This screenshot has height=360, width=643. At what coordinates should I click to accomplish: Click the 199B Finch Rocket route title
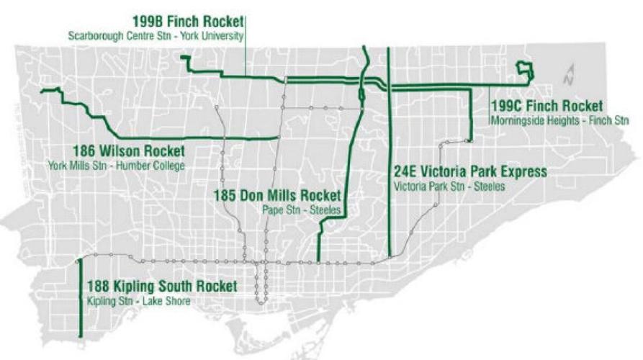[188, 22]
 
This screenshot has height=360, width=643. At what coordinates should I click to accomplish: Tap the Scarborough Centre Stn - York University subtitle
[156, 35]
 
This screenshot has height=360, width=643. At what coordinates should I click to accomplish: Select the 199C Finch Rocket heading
[547, 107]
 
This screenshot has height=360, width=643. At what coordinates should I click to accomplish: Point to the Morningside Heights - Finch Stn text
[559, 120]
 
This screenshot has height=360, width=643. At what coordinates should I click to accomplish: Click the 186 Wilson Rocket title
[128, 152]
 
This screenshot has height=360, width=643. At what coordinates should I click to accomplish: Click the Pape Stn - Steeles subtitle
[301, 210]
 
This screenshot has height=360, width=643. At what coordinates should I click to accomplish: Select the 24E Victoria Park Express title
[471, 172]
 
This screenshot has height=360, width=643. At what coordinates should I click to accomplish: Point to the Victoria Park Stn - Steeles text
[450, 186]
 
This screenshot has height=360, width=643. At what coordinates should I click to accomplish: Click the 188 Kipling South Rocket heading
[161, 287]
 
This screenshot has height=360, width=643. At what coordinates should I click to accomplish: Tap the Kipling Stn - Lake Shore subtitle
[138, 300]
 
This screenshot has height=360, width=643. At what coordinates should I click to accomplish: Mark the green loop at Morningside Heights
[525, 71]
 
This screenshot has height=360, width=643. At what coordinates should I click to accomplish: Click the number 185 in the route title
[225, 196]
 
